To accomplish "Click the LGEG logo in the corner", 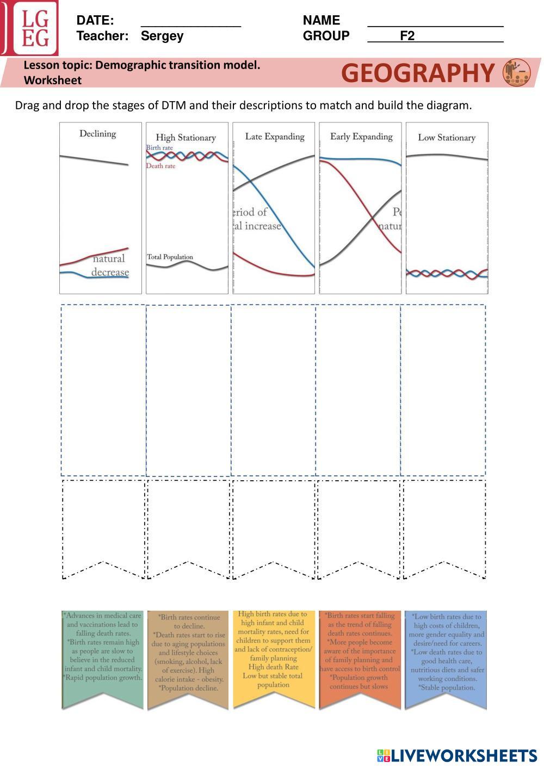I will (30, 28).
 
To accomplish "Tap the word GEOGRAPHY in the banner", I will (418, 73).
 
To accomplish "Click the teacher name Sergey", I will (162, 36).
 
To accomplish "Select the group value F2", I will (407, 36).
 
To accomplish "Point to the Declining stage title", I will (98, 134).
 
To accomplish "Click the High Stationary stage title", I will (186, 138).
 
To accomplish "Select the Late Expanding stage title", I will (274, 137).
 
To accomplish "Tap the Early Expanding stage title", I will (361, 137).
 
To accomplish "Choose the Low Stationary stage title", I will (447, 138).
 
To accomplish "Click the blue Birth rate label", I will (159, 147).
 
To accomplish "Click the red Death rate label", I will (160, 166).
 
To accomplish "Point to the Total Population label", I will (170, 257).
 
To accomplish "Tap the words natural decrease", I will (110, 265).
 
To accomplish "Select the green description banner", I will (103, 658).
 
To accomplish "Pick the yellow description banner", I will (274, 658).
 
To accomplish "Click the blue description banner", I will (446, 658).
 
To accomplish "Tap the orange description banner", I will (360, 658).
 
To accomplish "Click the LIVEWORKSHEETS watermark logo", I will (457, 755).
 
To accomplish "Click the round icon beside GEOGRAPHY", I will (516, 73).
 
